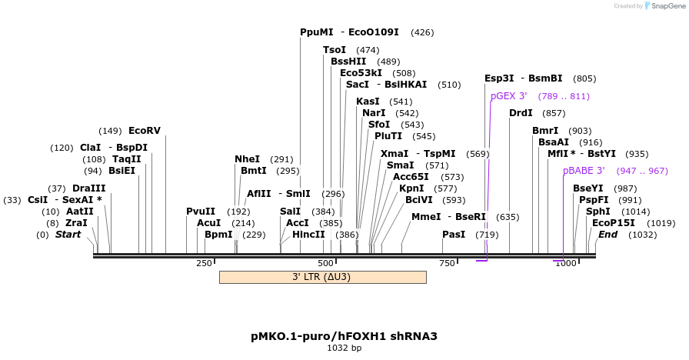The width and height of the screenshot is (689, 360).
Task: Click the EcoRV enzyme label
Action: tap(145, 130)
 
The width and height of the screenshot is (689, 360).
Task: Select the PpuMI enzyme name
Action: tap(317, 32)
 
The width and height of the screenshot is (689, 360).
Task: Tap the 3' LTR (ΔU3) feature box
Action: tap(322, 277)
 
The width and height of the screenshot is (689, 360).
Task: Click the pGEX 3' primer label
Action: tap(509, 96)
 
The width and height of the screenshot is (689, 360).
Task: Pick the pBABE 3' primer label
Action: tap(584, 170)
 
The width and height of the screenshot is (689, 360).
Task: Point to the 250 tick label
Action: tap(204, 264)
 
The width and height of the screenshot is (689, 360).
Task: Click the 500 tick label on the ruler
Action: tap(325, 264)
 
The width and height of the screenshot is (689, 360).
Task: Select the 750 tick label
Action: tap(447, 264)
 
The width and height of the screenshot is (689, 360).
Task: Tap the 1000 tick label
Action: tap(566, 264)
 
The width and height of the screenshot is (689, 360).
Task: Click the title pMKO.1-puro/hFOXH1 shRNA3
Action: tap(344, 336)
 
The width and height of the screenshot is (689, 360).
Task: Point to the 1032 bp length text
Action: tap(344, 348)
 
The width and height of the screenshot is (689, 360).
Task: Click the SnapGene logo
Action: tap(664, 5)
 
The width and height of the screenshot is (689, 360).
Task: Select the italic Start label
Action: tap(68, 235)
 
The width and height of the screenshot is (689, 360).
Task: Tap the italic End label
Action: tap(607, 235)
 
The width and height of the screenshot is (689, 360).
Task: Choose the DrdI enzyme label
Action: tap(521, 113)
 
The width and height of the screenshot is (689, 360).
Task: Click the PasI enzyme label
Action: tap(454, 235)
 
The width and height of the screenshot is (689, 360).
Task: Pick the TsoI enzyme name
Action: tap(335, 50)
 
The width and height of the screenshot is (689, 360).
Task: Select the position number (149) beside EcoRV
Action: tap(111, 130)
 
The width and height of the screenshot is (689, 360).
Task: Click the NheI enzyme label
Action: tap(247, 159)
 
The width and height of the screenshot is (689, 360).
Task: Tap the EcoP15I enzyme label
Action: tap(614, 223)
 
